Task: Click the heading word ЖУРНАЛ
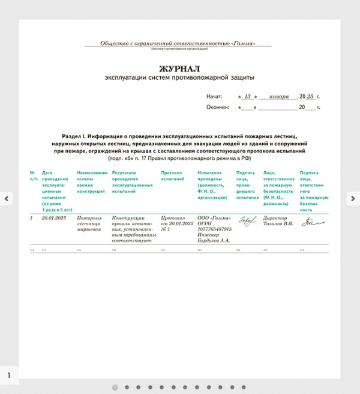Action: coord(179,68)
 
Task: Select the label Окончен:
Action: coord(218,108)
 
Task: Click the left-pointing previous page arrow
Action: coord(7,198)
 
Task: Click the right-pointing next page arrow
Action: coord(352,198)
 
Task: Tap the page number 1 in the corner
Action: coord(9,375)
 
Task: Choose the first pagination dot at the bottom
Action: coord(115,387)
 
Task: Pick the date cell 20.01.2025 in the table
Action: coord(53,217)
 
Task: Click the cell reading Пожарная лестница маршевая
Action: coord(89,223)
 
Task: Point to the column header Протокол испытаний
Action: coord(173,176)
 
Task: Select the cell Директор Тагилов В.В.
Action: coord(278,220)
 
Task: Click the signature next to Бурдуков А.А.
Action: coord(247,221)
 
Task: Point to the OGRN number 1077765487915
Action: coord(214,229)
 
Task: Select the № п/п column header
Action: coord(34,176)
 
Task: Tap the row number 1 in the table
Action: coord(32,217)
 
